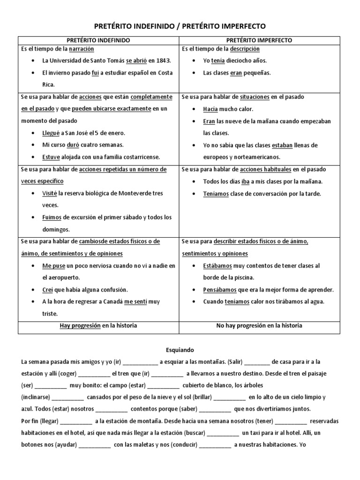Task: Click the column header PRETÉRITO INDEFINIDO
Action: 98,40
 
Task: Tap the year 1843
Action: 163,61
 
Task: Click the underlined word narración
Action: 82,49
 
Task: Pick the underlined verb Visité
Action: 50,193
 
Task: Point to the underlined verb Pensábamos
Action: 221,290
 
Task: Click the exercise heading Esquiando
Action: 180,350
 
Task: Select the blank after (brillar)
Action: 228,397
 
